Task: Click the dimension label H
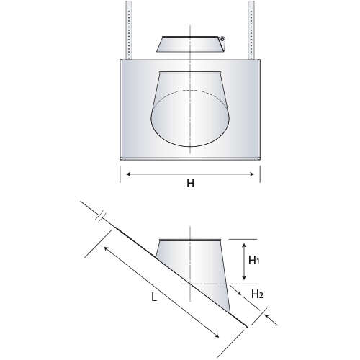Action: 190,184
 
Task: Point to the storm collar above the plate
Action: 189,43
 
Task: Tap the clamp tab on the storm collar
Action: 223,40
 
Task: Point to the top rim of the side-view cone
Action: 189,240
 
